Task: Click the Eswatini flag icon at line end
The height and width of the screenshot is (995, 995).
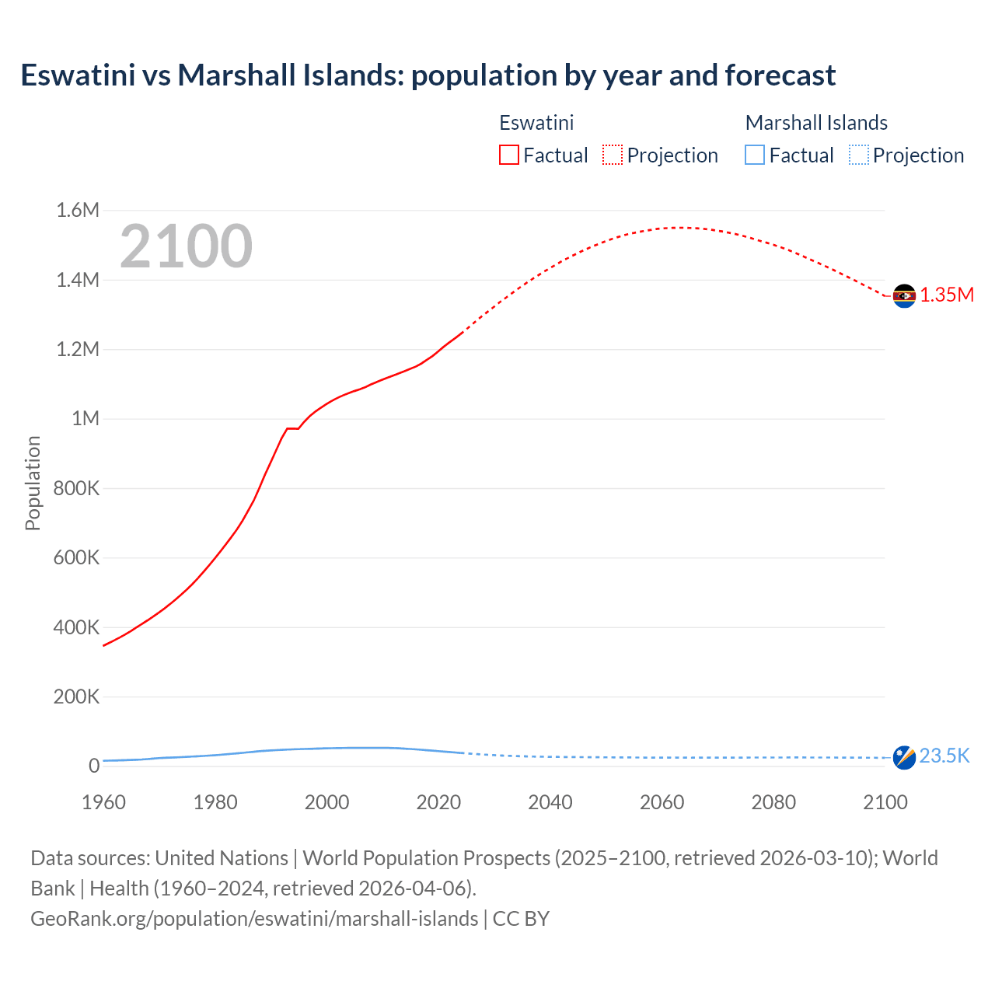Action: pos(904,296)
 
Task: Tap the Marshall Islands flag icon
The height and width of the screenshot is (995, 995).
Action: pos(904,757)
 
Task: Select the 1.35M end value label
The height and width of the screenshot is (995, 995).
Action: pos(947,295)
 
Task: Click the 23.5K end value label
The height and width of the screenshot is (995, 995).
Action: pos(944,756)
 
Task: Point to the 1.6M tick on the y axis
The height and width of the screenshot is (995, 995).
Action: pos(78,210)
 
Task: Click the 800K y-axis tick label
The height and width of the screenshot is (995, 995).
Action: pos(76,488)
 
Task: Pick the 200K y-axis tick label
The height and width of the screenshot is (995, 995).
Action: pos(76,696)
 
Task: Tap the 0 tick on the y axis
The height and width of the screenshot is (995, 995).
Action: pos(94,766)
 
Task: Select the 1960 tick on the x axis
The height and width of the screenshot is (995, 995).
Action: pos(103,802)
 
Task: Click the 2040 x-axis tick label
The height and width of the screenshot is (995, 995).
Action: pos(550,802)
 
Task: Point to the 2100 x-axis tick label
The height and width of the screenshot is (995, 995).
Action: pos(885,802)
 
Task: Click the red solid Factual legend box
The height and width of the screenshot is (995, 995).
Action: pos(508,155)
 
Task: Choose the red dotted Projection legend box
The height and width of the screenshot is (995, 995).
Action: pos(613,155)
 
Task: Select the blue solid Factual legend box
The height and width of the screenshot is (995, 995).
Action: pos(755,155)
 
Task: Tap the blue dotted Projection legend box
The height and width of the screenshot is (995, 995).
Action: pos(858,155)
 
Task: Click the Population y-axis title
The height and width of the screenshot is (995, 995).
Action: pos(33,483)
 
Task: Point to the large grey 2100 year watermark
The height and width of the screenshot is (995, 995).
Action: pos(186,246)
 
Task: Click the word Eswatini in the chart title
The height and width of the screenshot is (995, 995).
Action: pos(77,75)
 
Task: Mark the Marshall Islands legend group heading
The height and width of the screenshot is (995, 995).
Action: pos(816,123)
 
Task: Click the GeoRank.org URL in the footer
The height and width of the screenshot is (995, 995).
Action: pos(254,918)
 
